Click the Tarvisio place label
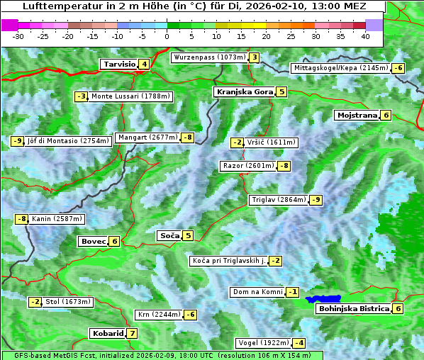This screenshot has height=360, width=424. (118, 64)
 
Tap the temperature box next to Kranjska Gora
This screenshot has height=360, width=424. (281, 91)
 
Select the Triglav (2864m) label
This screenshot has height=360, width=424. (279, 200)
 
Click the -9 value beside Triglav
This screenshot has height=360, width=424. (316, 200)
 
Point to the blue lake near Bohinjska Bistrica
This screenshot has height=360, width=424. (323, 300)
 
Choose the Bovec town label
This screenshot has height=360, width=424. (93, 241)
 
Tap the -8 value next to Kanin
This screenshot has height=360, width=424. (22, 219)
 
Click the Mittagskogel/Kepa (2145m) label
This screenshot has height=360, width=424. (341, 68)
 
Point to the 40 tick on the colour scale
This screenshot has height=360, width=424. (365, 36)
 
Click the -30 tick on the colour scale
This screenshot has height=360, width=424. (18, 36)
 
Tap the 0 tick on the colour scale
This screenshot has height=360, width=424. (167, 36)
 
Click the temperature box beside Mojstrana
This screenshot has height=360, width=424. (386, 115)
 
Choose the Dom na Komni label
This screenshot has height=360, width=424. (258, 292)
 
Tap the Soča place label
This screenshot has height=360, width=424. (169, 235)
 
